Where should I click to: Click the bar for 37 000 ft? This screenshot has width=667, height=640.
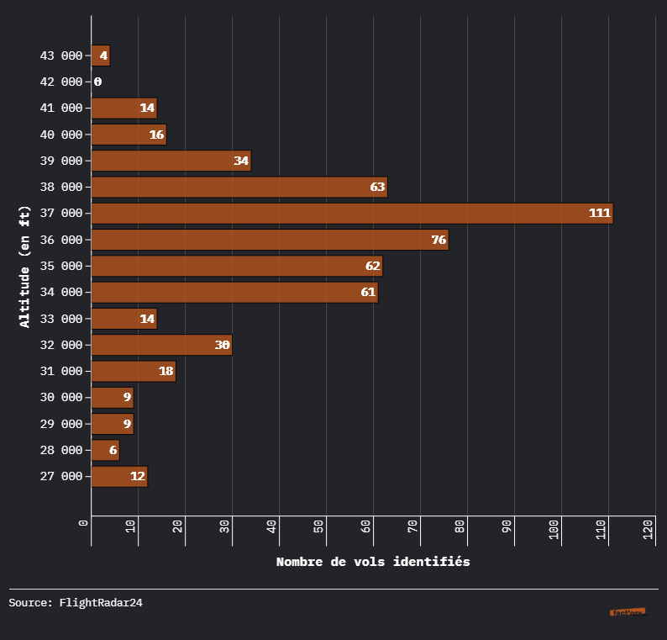[352, 214]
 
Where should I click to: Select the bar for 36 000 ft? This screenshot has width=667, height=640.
[270, 240]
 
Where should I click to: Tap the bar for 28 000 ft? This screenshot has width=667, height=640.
[105, 451]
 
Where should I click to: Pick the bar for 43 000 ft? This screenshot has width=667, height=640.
[100, 56]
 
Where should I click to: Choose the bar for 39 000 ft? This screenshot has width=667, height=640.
[171, 161]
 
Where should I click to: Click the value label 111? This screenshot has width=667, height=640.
[600, 214]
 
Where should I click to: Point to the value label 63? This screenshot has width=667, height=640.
[377, 187]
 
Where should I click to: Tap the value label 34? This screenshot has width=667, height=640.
[241, 161]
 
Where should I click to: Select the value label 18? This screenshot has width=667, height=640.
[165, 372]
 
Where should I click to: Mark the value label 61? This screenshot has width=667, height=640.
[368, 293]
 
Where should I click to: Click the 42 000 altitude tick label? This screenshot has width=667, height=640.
[60, 82]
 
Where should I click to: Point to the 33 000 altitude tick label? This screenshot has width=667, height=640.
[60, 319]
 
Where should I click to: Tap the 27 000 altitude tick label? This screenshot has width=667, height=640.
[60, 477]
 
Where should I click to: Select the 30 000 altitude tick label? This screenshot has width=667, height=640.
[60, 398]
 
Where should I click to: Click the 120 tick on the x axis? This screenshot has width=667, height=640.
[649, 531]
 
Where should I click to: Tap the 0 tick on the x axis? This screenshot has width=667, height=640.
[84, 524]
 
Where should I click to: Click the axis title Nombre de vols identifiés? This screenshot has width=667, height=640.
[373, 562]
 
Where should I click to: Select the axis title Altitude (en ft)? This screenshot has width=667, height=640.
[25, 266]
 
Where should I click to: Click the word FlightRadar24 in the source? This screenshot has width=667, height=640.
[101, 602]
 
